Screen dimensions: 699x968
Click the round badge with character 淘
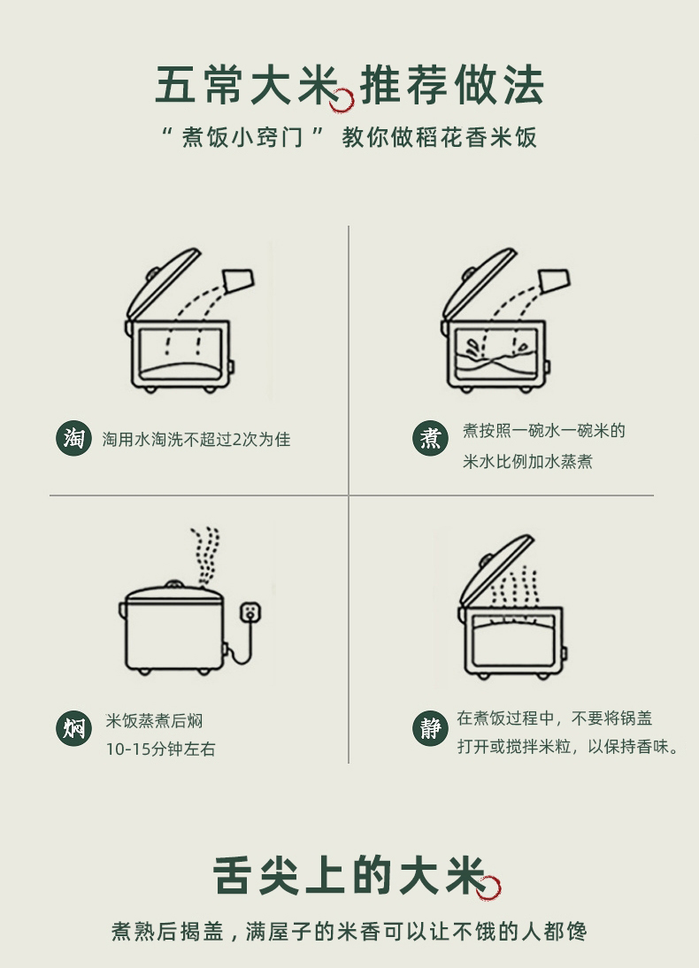pyautogui.click(x=73, y=439)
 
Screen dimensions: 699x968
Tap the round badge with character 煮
pyautogui.click(x=430, y=438)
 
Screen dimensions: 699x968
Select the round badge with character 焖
pyautogui.click(x=73, y=728)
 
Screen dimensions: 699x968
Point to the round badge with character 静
pyautogui.click(x=430, y=728)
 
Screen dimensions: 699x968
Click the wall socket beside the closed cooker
pyautogui.click(x=250, y=611)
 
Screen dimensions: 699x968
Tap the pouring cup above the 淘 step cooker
pyautogui.click(x=238, y=280)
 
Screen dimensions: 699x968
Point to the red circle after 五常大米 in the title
pyautogui.click(x=342, y=100)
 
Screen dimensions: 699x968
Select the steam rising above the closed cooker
pyautogui.click(x=205, y=556)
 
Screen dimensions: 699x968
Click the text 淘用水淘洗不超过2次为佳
pyautogui.click(x=196, y=440)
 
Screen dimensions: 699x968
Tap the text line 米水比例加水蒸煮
pyautogui.click(x=527, y=462)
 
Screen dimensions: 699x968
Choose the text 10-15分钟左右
pyautogui.click(x=160, y=749)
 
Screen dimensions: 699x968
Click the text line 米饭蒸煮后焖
pyautogui.click(x=154, y=720)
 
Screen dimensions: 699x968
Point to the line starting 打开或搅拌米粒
pyautogui.click(x=568, y=747)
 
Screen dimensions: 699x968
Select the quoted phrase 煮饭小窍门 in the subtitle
pyautogui.click(x=242, y=137)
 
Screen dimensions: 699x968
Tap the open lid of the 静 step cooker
pyautogui.click(x=495, y=571)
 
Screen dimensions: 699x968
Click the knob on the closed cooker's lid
pyautogui.click(x=174, y=583)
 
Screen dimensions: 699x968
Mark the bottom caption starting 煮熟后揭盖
pyautogui.click(x=349, y=932)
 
